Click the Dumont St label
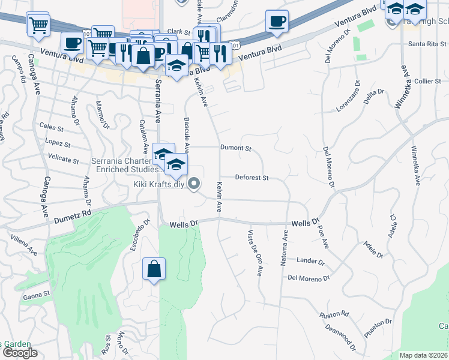[x=235, y=147]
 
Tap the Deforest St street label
[x=252, y=178]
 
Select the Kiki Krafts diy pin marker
[x=194, y=184]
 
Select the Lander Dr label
[x=310, y=261]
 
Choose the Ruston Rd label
[x=334, y=314]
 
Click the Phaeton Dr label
[x=378, y=326]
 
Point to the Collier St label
[x=427, y=81]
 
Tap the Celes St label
[x=51, y=127]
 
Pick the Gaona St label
[x=37, y=295]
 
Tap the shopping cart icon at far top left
[x=38, y=25]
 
